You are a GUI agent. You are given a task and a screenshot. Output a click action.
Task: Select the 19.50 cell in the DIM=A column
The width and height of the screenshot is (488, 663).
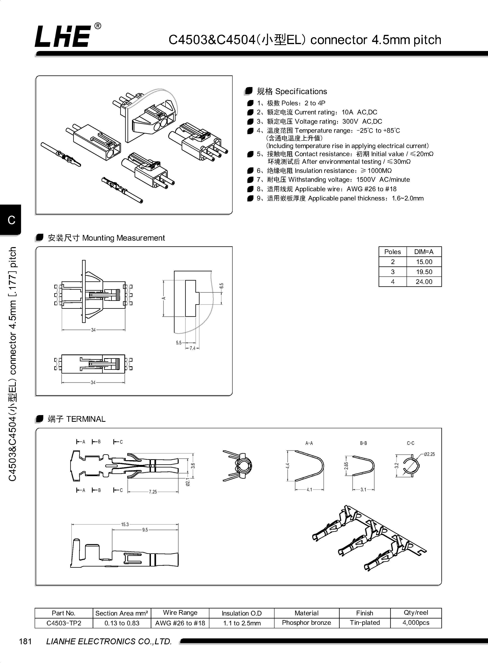[x=424, y=272]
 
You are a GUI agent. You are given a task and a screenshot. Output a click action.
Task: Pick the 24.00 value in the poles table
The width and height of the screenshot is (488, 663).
[x=424, y=282]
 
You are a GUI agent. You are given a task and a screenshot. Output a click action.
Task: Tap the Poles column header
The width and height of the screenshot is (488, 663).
[x=393, y=252]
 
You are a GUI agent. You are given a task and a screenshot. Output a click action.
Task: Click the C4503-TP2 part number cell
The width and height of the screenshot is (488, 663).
[x=64, y=623]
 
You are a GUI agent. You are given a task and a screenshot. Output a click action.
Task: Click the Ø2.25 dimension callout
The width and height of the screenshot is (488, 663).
[x=429, y=454]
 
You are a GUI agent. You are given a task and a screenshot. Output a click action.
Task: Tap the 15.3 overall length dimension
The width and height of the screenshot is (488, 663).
[x=125, y=524]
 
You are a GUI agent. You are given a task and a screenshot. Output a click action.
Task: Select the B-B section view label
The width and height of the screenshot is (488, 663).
[x=363, y=443]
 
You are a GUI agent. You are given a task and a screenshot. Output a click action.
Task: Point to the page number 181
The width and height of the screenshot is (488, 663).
[x=25, y=641]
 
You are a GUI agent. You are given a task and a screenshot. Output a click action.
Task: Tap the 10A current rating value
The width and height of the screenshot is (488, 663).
[x=347, y=112]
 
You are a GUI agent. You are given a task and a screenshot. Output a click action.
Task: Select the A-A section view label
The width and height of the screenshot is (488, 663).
[x=309, y=443]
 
